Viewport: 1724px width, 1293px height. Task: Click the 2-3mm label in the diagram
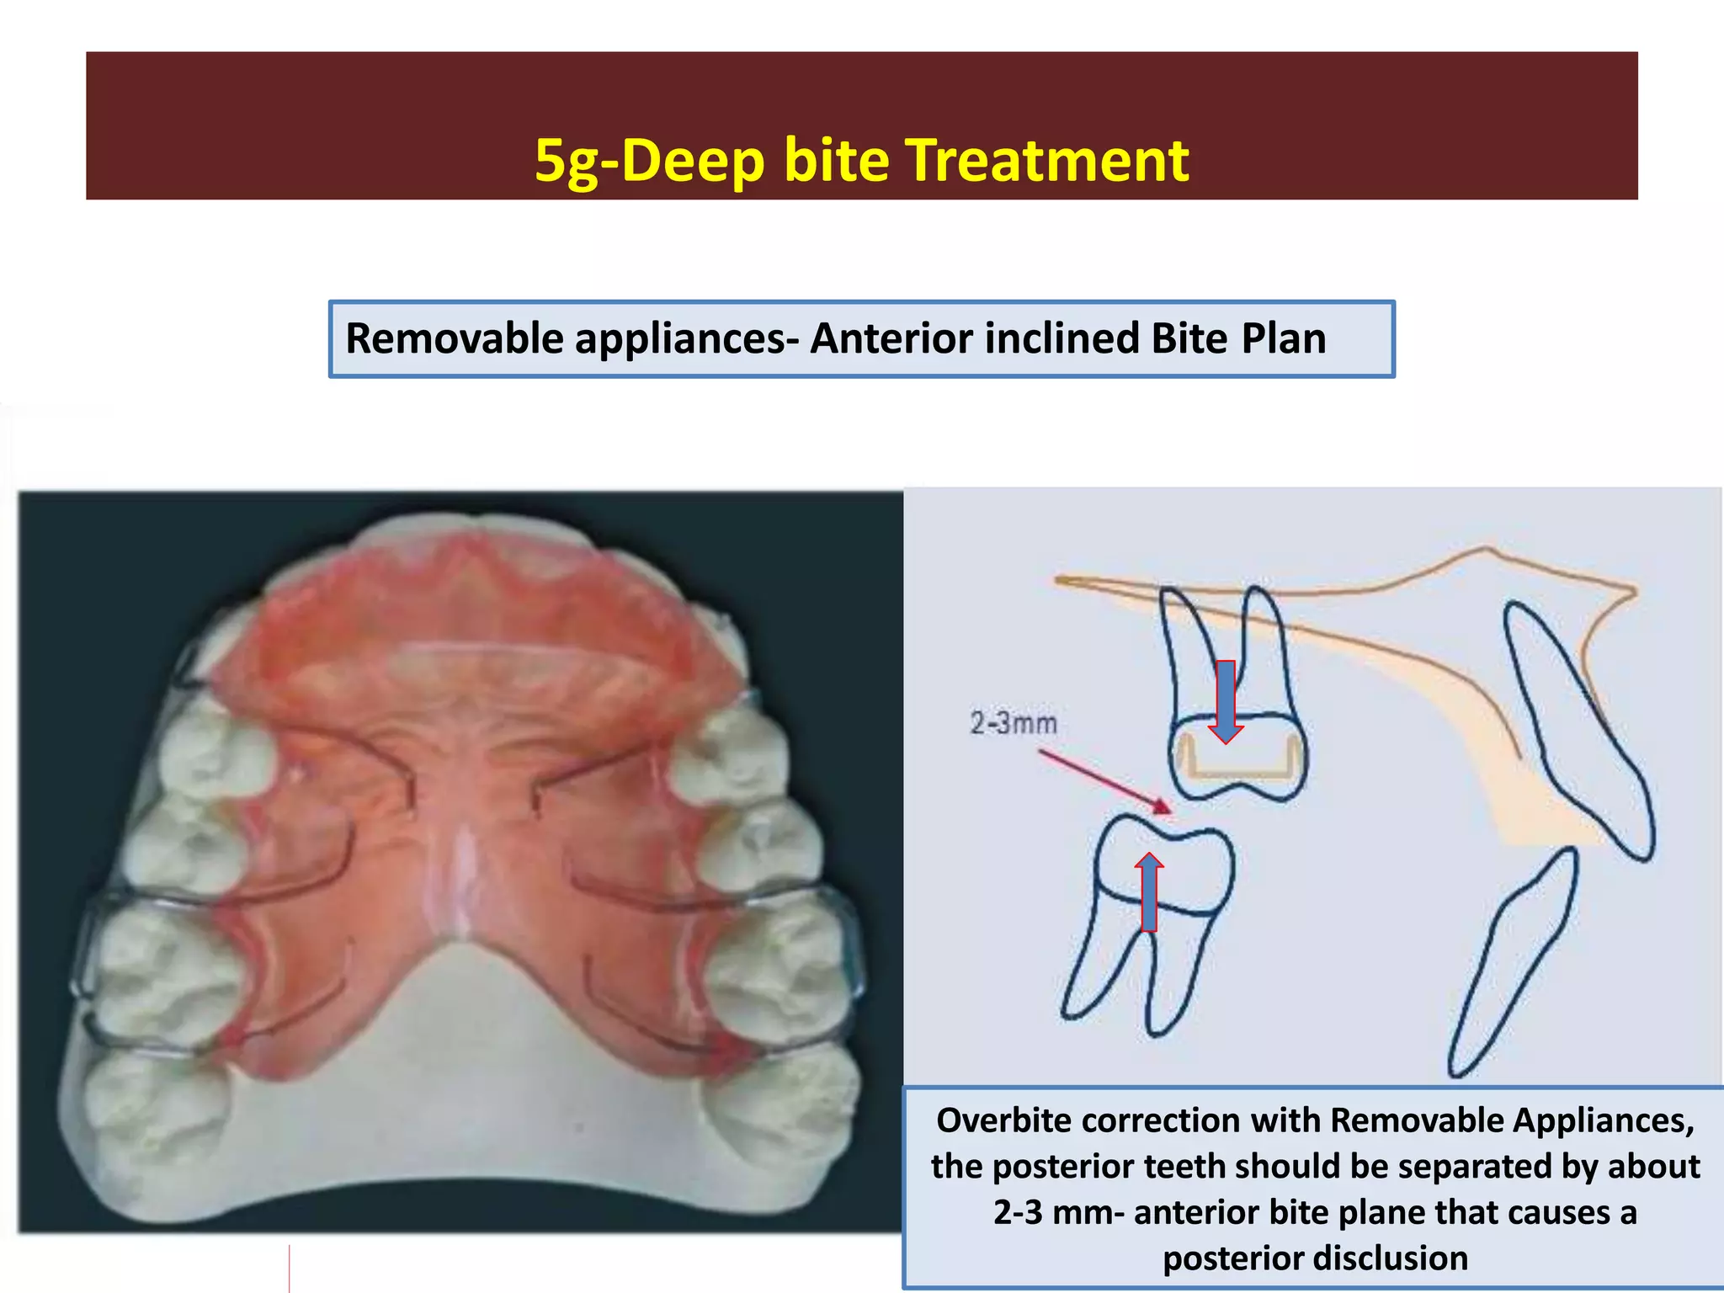[x=1013, y=723]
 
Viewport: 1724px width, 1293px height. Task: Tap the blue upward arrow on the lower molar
[x=1149, y=892]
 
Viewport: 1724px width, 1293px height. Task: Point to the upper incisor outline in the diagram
[x=1579, y=732]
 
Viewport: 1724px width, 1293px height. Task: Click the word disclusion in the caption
[x=1315, y=1258]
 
